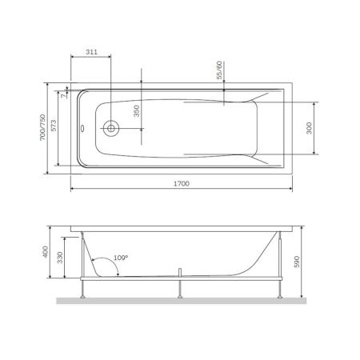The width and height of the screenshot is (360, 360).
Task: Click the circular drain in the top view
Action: pyautogui.click(x=110, y=127)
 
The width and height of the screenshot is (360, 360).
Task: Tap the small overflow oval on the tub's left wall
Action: pyautogui.click(x=81, y=126)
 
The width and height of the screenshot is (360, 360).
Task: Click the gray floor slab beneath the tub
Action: pyautogui.click(x=180, y=302)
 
